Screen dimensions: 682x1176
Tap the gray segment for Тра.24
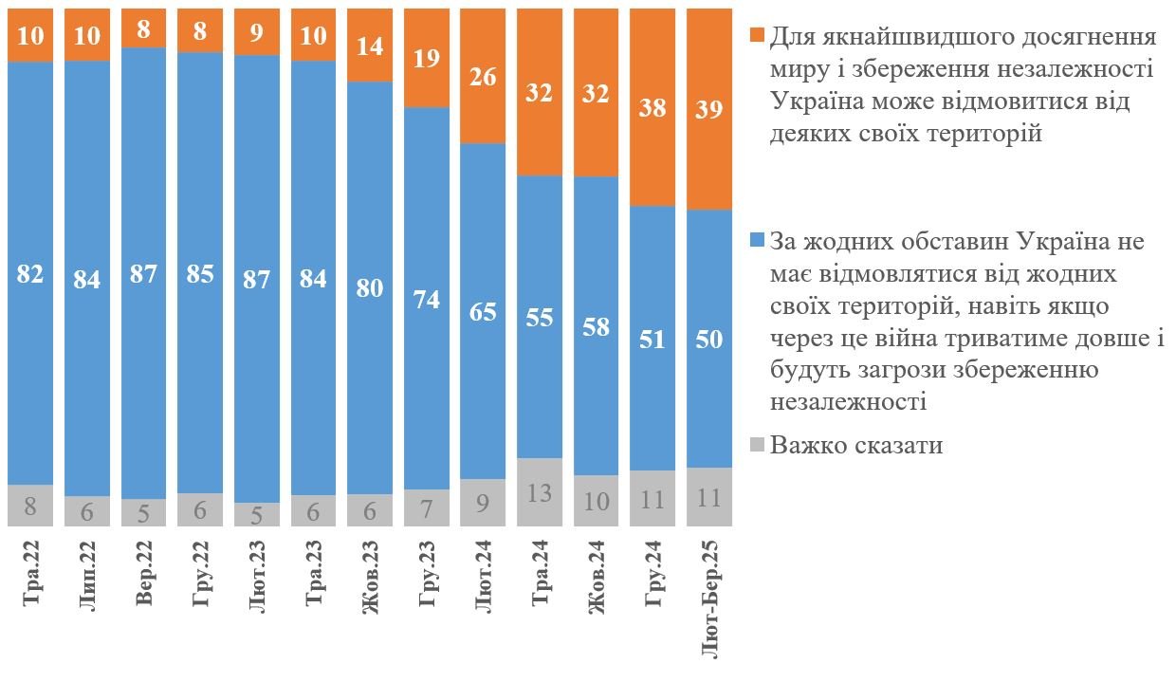click(x=540, y=492)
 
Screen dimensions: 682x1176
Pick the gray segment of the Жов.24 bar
click(x=597, y=501)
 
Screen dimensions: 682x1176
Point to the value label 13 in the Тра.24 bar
click(x=540, y=493)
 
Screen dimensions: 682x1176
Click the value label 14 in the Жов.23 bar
click(x=370, y=45)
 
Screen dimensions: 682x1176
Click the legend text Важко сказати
click(x=856, y=445)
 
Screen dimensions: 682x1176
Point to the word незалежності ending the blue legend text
click(x=849, y=401)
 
